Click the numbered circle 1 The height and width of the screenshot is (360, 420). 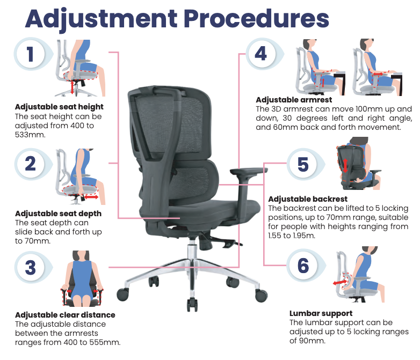point(31,54)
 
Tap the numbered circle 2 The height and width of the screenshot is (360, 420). point(31,164)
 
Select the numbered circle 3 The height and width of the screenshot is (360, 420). point(31,267)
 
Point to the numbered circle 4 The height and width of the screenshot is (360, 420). point(260,54)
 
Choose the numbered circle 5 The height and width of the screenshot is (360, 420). point(303,164)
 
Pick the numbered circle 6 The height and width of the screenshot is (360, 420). point(303,265)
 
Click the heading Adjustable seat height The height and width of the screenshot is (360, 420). point(59,107)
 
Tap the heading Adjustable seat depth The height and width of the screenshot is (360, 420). point(59,214)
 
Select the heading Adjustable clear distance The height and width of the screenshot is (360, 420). point(65,315)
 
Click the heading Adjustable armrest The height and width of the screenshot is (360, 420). point(294,100)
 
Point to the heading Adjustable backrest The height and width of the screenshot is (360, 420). point(308,199)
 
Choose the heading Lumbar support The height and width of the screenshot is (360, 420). point(321,313)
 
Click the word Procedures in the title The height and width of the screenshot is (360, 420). point(256,18)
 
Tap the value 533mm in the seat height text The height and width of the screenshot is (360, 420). point(30,135)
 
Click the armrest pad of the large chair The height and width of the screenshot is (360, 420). point(249,171)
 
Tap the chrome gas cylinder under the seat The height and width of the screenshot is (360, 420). point(192,249)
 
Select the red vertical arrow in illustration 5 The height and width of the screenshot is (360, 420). point(345,166)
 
